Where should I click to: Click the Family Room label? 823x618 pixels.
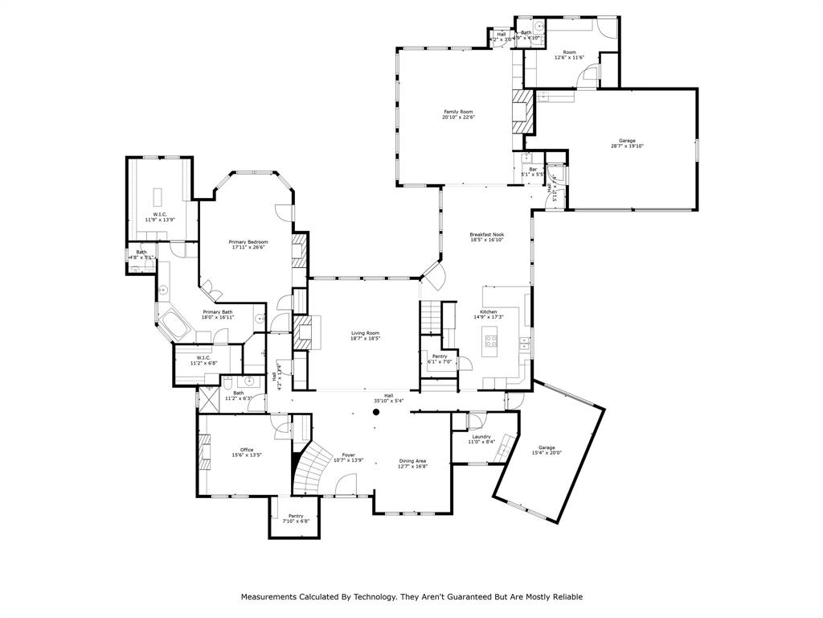[458, 112]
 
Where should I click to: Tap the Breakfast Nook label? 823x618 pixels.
[486, 234]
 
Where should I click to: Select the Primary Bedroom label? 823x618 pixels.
[248, 242]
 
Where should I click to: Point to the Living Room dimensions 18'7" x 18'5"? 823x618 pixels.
[365, 339]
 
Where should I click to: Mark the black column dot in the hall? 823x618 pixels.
[375, 412]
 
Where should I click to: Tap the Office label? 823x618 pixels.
[247, 450]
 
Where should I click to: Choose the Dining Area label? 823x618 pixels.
[413, 461]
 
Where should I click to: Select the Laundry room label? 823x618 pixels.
[481, 436]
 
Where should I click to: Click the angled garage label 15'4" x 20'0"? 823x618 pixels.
[547, 453]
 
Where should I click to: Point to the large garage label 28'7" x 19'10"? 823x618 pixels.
[627, 146]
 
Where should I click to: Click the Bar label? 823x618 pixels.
[533, 169]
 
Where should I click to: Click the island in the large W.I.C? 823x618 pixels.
[157, 196]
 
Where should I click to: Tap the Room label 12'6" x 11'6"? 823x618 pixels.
[570, 52]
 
